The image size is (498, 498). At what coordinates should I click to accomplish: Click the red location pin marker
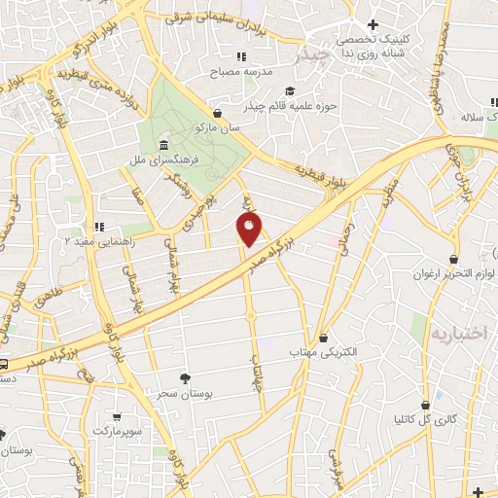pyautogui.click(x=250, y=230)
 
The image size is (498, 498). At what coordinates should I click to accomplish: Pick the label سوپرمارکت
pyautogui.click(x=119, y=429)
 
